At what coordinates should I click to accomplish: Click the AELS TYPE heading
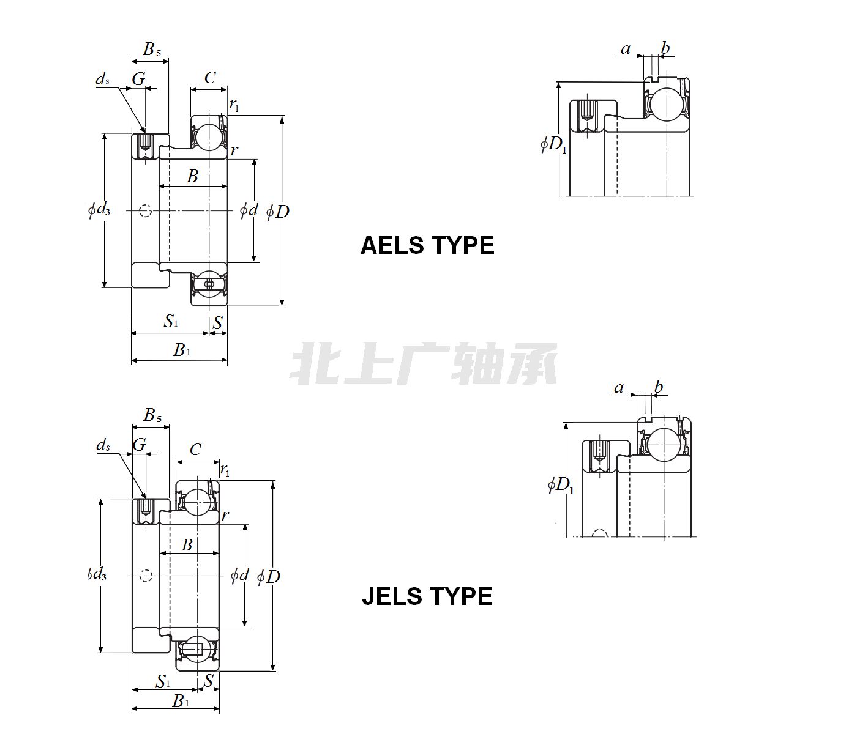427,245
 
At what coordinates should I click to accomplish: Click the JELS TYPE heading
427,596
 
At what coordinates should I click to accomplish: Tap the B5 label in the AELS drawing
152,50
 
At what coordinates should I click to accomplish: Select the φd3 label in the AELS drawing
99,210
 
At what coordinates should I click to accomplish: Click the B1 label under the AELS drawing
182,350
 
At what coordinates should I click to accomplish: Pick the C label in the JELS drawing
195,450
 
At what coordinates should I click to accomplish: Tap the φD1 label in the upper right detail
553,144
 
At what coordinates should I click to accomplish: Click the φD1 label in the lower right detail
560,486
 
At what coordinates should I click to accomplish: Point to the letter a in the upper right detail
626,49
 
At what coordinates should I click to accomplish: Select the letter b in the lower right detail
659,387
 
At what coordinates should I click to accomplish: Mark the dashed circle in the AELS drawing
145,211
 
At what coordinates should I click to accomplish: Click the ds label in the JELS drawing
103,445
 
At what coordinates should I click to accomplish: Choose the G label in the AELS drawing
139,79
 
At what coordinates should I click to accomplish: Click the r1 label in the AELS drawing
234,105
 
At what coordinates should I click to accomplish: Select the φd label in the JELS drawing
240,576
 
